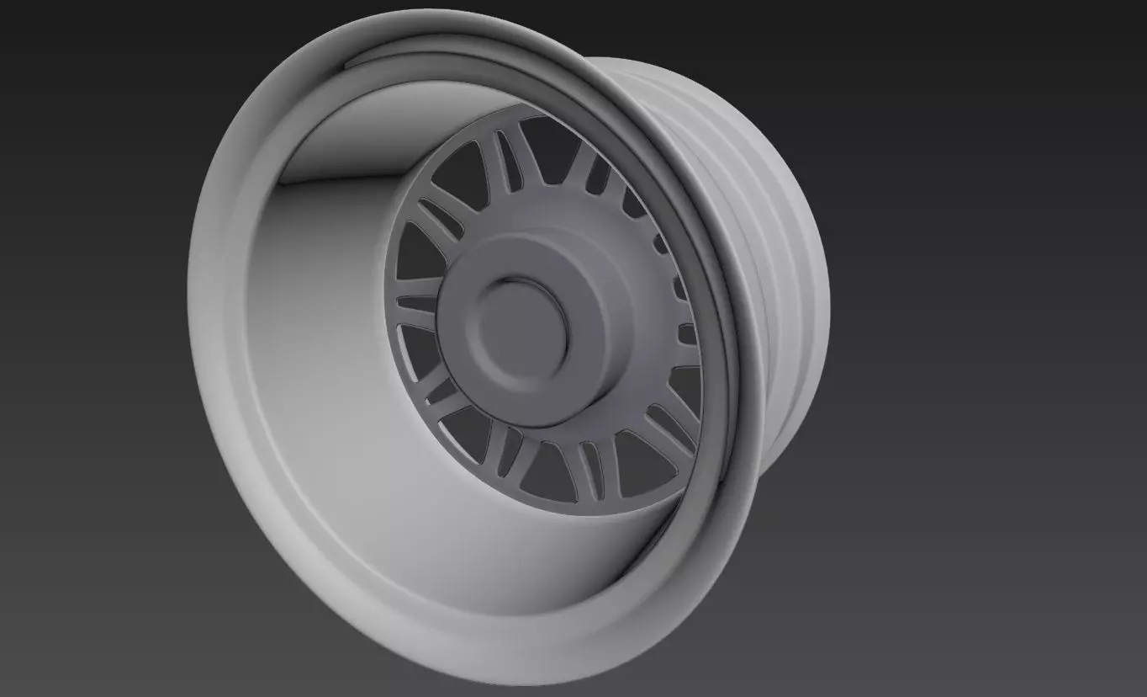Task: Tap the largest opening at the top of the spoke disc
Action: click(551, 152)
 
